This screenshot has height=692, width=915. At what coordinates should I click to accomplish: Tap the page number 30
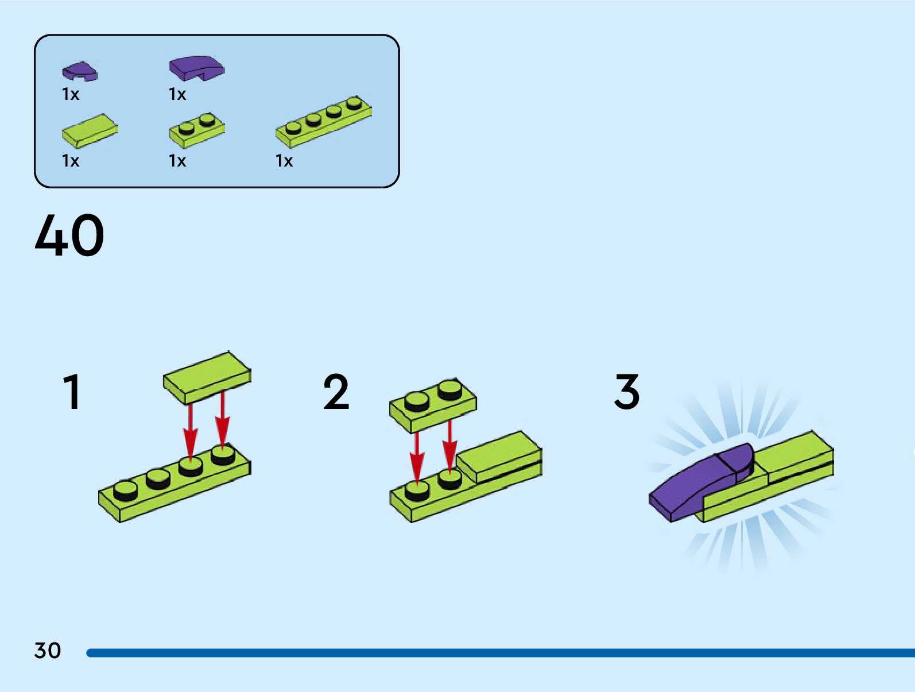click(x=48, y=651)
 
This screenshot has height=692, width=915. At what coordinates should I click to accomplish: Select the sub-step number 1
click(x=72, y=392)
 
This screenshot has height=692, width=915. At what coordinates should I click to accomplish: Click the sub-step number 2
click(x=336, y=392)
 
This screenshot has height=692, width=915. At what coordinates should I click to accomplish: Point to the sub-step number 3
click(x=627, y=392)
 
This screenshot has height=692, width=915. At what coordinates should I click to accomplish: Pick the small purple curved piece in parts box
click(x=79, y=71)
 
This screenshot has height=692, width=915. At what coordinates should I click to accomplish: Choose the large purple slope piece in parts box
click(x=196, y=67)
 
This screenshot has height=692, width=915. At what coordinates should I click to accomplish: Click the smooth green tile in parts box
click(x=90, y=130)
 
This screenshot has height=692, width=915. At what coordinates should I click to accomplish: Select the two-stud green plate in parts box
click(x=196, y=130)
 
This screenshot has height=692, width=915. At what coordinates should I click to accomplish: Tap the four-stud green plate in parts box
click(x=323, y=121)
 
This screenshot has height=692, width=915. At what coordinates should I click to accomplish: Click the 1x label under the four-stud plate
click(x=284, y=161)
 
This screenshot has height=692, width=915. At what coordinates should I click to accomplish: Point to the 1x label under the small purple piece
click(x=71, y=94)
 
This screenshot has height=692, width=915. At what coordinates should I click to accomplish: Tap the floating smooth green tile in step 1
click(x=207, y=377)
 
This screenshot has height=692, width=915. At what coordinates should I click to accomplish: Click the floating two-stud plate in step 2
click(x=433, y=405)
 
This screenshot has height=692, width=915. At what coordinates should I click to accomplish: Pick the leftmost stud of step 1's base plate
click(x=125, y=490)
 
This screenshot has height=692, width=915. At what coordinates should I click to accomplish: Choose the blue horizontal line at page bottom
click(x=499, y=653)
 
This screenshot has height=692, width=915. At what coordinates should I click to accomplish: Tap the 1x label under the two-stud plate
click(x=177, y=161)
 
